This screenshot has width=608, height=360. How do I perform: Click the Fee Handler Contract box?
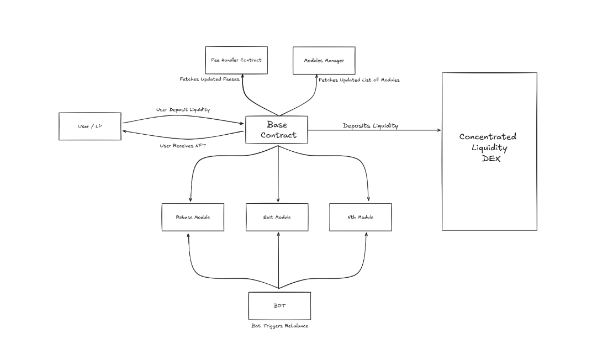point(236,60)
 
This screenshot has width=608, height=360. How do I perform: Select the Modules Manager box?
point(323,60)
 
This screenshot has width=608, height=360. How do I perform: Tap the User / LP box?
point(90,126)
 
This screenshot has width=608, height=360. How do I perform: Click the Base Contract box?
point(277,130)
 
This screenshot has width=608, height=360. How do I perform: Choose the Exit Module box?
point(277,217)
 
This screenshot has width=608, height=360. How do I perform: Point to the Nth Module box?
point(360,217)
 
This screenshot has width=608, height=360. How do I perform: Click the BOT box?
point(279,305)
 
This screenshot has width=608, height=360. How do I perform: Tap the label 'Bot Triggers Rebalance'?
point(279,326)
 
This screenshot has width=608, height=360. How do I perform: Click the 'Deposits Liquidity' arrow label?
point(370,125)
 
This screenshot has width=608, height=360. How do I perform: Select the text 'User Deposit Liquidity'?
point(183,110)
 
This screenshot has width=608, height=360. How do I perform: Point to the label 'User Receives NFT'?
point(182,146)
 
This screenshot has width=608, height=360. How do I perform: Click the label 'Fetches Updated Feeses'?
point(210,80)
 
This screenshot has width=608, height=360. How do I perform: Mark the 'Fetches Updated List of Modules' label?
point(359,80)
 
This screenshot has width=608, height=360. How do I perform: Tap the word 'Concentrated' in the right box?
point(488,136)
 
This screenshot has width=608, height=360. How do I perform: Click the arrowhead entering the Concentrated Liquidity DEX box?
point(440,130)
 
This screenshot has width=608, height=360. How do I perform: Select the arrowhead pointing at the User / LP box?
point(124,131)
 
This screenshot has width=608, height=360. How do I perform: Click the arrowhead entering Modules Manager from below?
point(318,76)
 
